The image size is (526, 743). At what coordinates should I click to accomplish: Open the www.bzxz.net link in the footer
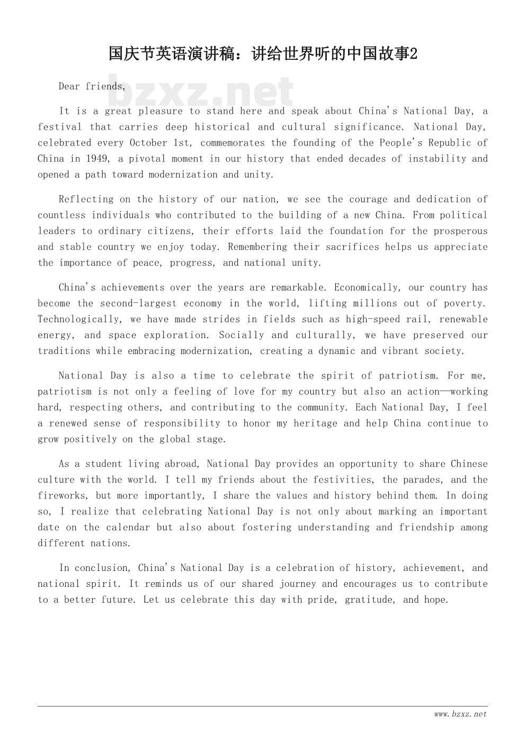click(460, 714)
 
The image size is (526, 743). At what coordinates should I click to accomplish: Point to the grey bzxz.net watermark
click(201, 92)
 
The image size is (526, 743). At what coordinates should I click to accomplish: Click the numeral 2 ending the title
click(414, 54)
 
